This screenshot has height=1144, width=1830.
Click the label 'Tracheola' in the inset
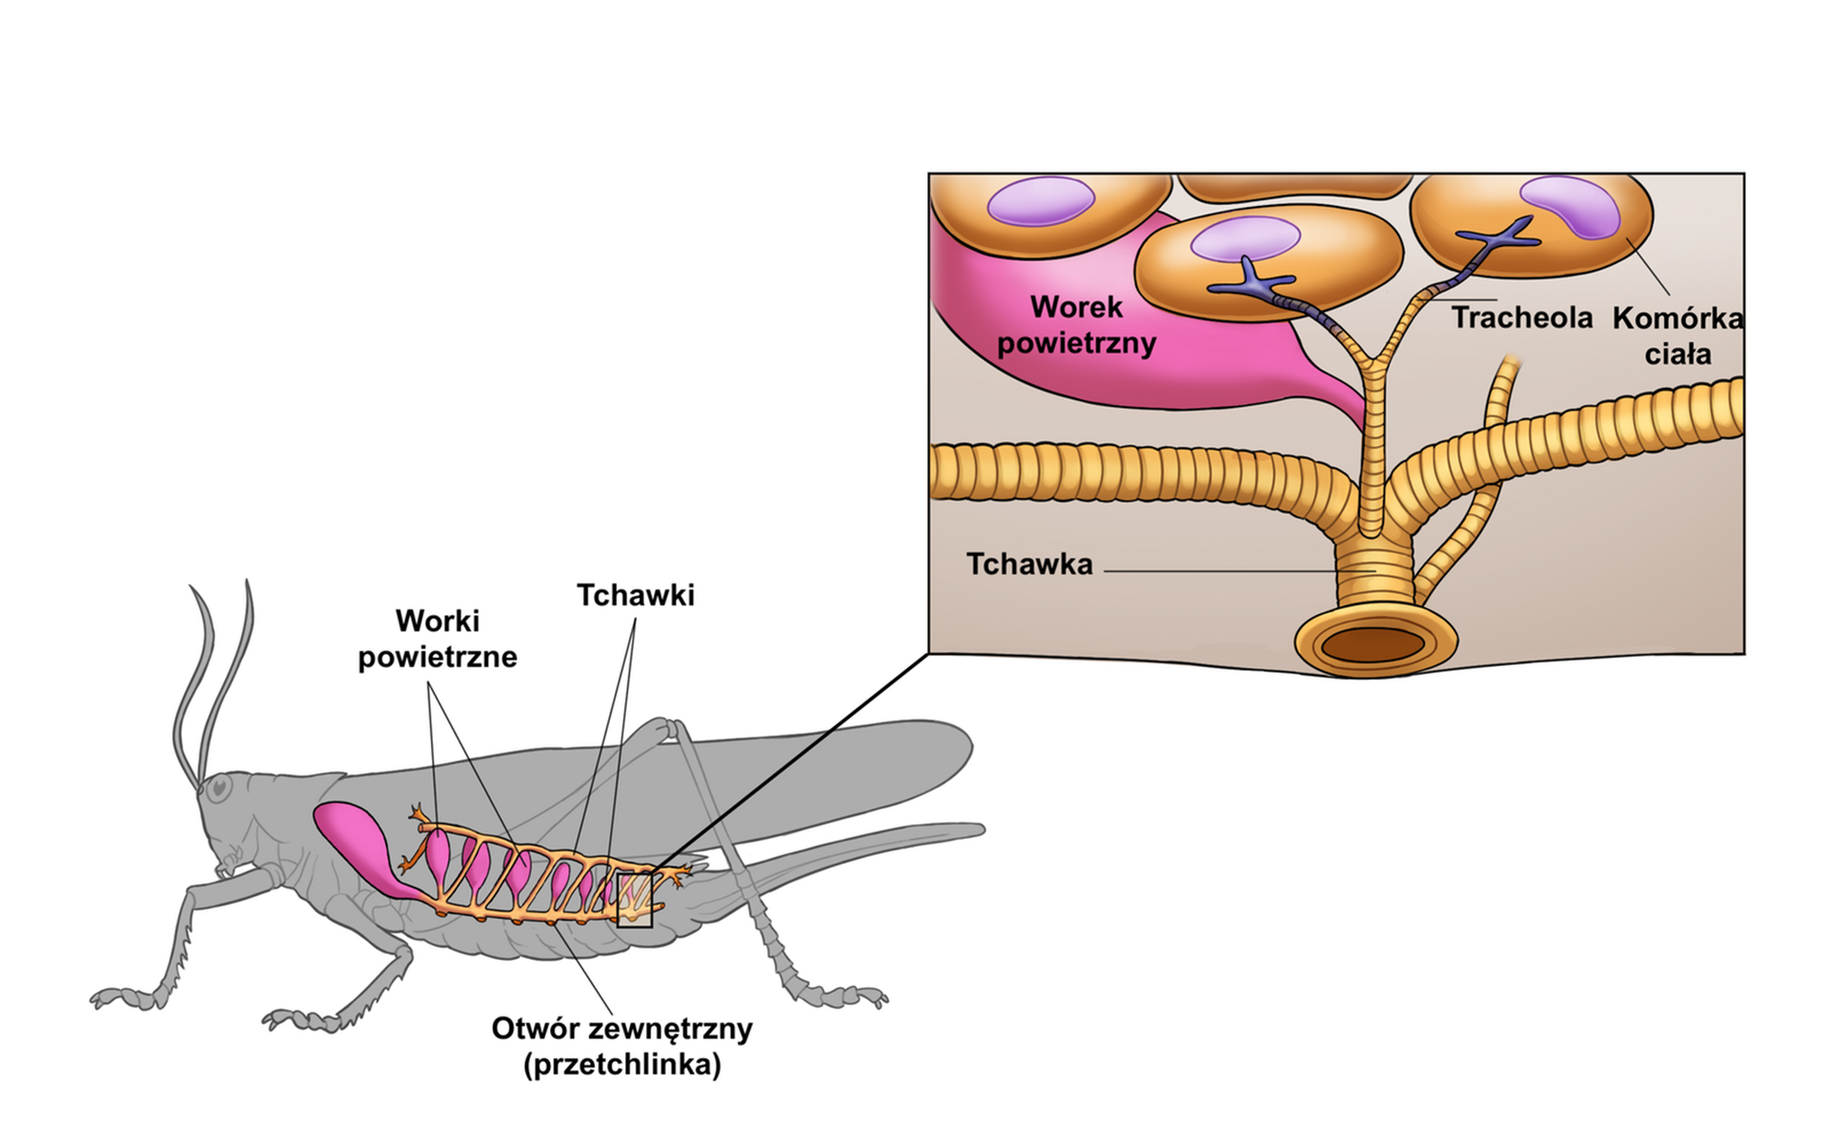click(1521, 317)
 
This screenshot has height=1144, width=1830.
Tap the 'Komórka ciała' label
click(1677, 336)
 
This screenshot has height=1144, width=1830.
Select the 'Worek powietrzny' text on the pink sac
click(1076, 325)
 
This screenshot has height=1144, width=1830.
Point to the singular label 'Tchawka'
click(1029, 564)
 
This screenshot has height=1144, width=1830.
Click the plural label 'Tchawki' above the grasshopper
click(636, 595)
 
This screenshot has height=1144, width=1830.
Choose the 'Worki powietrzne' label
click(437, 639)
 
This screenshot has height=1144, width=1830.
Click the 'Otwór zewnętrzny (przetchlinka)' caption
click(621, 1046)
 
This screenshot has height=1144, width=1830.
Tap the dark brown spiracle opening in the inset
click(1373, 644)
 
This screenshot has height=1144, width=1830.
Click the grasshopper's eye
click(219, 787)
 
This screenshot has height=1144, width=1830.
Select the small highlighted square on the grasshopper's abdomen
click(635, 899)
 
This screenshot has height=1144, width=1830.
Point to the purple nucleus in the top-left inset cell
click(1041, 202)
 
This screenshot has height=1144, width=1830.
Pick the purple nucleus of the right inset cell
click(1573, 205)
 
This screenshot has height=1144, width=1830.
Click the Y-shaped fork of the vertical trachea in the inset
click(1373, 361)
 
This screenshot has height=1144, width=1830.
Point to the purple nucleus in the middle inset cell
click(1245, 238)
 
